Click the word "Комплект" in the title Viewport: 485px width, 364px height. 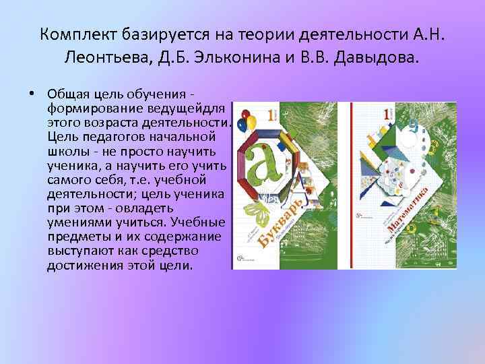coord(75,33)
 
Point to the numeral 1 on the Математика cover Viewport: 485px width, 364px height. coord(387,115)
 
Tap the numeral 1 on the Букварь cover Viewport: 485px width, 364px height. coord(271,115)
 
